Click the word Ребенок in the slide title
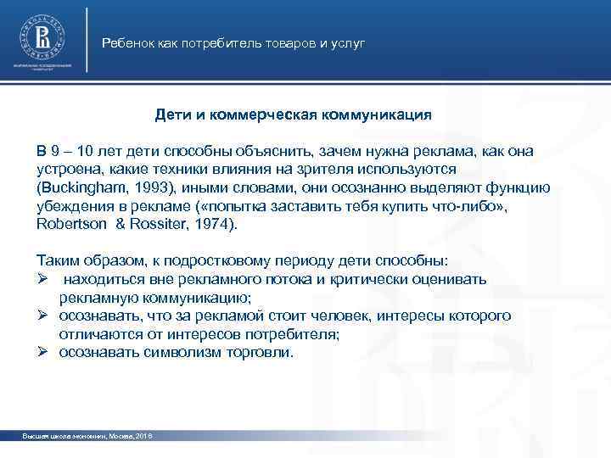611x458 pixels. click(x=126, y=42)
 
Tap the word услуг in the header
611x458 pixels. click(x=348, y=42)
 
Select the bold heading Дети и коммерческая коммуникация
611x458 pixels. click(x=294, y=113)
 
